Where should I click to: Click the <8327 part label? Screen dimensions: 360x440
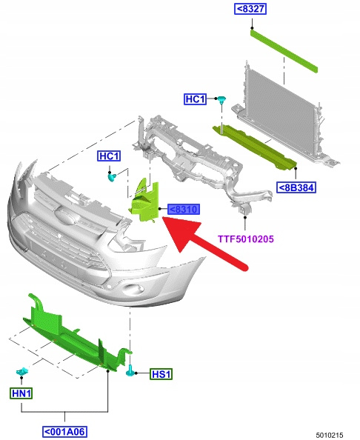tap(250, 9)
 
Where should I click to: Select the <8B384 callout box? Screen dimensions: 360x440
tap(296, 187)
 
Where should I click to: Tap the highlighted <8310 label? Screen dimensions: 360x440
tap(184, 210)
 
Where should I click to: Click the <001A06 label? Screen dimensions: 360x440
tap(65, 431)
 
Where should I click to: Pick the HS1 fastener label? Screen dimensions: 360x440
tap(161, 374)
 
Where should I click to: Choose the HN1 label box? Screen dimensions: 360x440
tap(21, 393)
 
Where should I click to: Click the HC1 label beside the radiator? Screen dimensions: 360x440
tap(196, 99)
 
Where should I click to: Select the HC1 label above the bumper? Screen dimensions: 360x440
tap(109, 156)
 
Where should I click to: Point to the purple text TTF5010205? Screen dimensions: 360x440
tap(246, 239)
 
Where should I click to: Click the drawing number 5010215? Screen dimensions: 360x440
tap(330, 435)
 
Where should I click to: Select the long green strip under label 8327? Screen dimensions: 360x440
tap(284, 50)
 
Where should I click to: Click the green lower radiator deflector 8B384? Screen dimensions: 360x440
tap(255, 147)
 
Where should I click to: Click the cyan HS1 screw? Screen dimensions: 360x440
tap(130, 371)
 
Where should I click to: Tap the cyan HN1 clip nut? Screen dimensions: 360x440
tap(22, 372)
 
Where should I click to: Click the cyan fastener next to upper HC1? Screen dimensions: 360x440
tap(221, 99)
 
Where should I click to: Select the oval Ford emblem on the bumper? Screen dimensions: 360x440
tap(65, 216)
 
